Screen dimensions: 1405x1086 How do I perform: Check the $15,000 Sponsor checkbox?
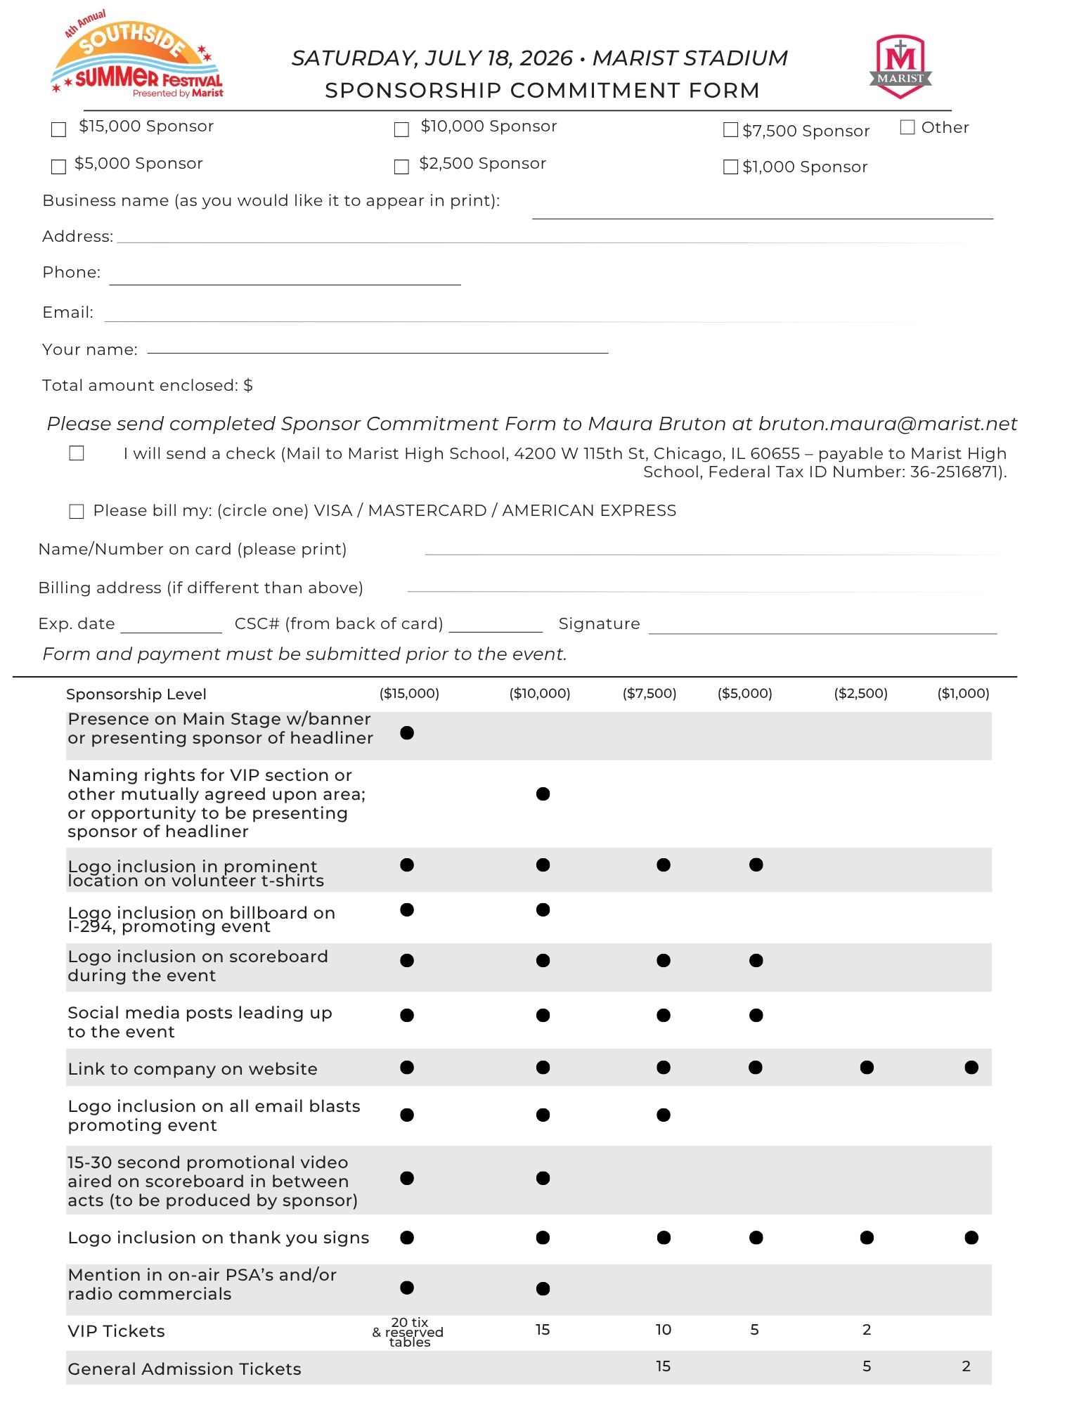coord(59,129)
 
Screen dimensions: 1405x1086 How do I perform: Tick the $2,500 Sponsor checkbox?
coord(401,167)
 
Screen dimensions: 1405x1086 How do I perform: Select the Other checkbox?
coord(907,127)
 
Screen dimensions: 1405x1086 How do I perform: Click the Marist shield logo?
coord(900,66)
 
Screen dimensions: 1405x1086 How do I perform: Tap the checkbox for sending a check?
coord(77,453)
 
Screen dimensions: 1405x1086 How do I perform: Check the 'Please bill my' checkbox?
coord(77,511)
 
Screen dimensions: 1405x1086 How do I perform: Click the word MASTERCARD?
coord(427,511)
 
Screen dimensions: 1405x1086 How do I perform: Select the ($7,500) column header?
coord(649,694)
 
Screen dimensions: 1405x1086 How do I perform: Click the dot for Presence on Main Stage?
coord(407,732)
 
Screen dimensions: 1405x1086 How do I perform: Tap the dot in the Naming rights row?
coord(543,794)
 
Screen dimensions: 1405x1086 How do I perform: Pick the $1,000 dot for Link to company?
coord(971,1068)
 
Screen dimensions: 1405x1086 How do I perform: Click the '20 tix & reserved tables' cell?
coord(408,1332)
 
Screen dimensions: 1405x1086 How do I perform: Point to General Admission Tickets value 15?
coord(663,1366)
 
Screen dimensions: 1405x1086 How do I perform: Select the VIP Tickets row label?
coord(117,1331)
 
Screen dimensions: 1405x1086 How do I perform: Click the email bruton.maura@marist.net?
coord(888,424)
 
